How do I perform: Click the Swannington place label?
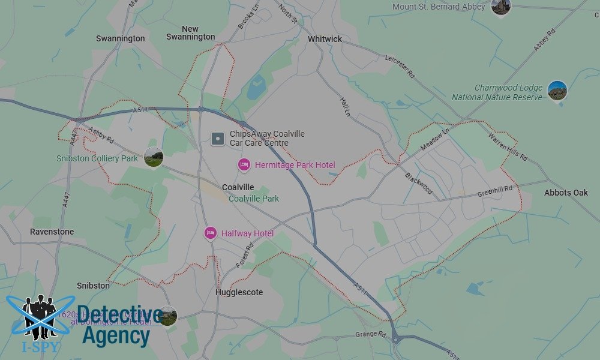[x=120, y=38]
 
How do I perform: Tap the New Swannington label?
[x=190, y=32]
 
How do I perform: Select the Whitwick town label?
[x=325, y=39]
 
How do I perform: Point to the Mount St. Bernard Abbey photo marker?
[x=500, y=7]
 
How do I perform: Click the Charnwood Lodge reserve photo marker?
[x=557, y=91]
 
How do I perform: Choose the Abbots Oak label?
[x=566, y=193]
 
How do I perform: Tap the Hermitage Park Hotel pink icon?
[x=244, y=165]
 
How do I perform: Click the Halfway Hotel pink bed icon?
[x=210, y=233]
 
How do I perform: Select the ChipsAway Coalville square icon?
[x=218, y=139]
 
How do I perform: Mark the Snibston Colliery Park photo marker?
[x=154, y=158]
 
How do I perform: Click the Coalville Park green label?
[x=254, y=199]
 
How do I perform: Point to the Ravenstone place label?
[x=52, y=232]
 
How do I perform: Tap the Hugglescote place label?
[x=239, y=292]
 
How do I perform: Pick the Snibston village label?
[x=93, y=286]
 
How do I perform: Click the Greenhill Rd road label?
[x=495, y=191]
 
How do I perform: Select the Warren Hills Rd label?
[x=507, y=148]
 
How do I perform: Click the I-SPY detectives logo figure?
[x=40, y=316]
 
